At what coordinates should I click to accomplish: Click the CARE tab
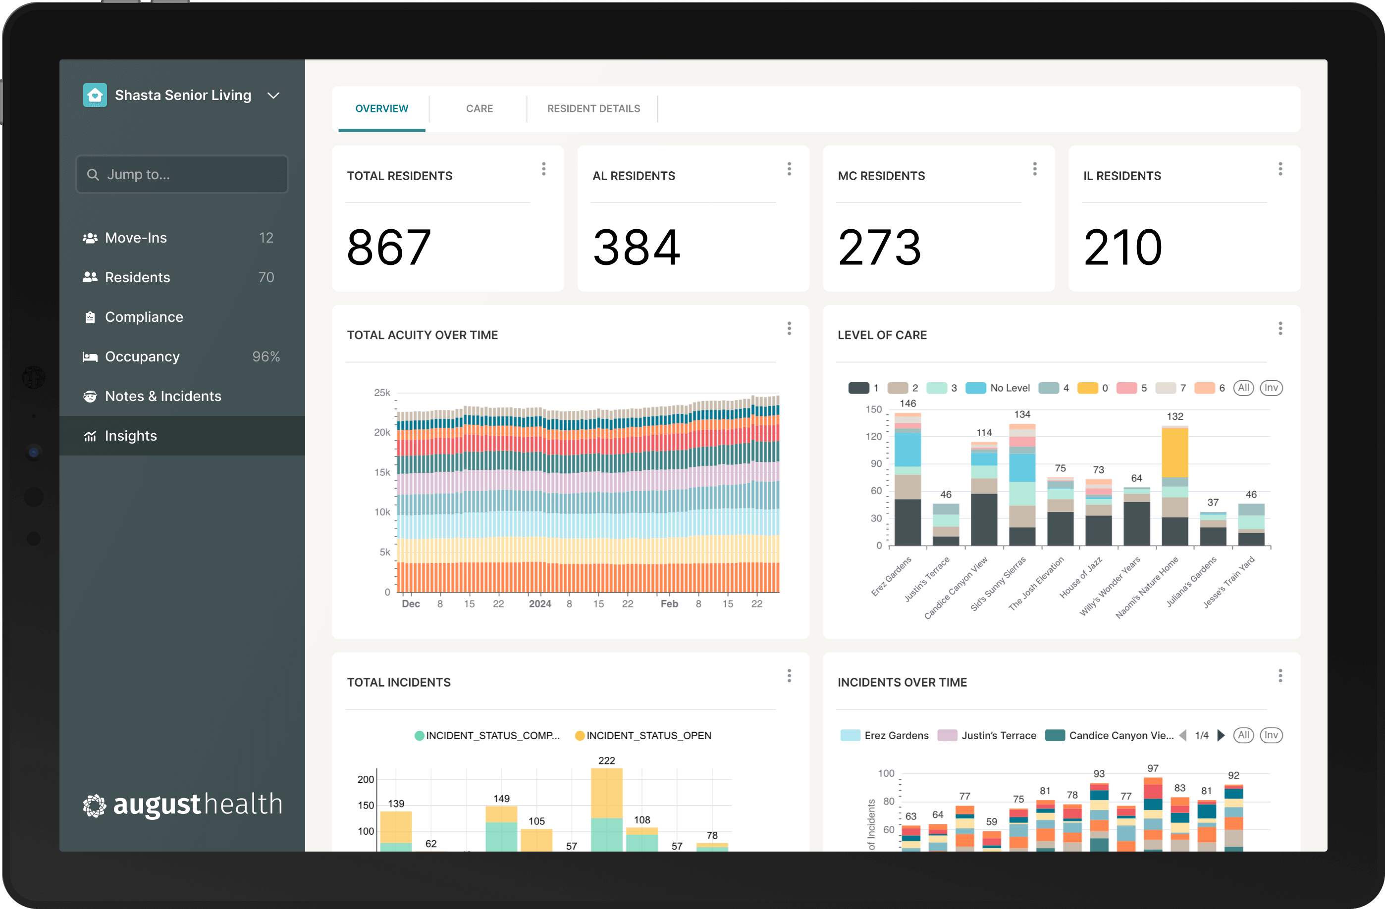click(x=479, y=109)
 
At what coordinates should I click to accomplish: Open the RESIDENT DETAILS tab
click(x=593, y=109)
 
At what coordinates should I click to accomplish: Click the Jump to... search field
click(x=182, y=174)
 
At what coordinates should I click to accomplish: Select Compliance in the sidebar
click(x=144, y=317)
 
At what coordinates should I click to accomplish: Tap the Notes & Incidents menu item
click(x=162, y=396)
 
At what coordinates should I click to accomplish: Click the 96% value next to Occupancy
click(x=266, y=356)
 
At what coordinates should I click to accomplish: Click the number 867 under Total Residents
click(x=389, y=248)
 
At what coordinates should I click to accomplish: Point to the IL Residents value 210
click(x=1122, y=248)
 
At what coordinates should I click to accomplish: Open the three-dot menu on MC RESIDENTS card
click(x=1034, y=169)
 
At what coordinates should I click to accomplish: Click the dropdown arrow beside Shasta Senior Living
click(x=273, y=96)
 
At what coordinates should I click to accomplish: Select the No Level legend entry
click(x=998, y=388)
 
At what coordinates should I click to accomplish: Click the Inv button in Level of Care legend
click(x=1271, y=388)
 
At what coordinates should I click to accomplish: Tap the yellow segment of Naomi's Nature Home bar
click(x=1174, y=453)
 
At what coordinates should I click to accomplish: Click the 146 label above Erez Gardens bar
click(x=907, y=403)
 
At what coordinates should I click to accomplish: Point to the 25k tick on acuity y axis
click(x=382, y=393)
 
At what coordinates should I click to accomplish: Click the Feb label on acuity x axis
click(x=669, y=604)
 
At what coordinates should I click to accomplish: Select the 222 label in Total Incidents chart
click(x=606, y=760)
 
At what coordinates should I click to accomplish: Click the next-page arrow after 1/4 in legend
click(x=1221, y=736)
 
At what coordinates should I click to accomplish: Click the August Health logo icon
click(x=94, y=806)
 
